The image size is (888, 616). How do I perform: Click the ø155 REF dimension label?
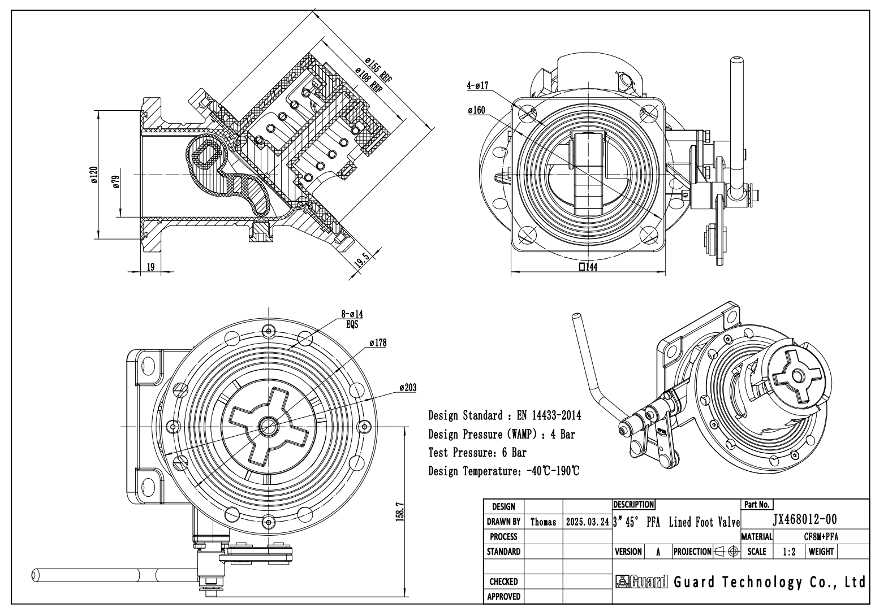378,70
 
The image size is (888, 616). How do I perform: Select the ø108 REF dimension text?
369,80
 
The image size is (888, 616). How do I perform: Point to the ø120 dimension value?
94,175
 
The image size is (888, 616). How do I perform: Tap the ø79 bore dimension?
116,181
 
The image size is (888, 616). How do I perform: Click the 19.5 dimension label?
361,261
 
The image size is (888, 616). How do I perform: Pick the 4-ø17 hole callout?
478,85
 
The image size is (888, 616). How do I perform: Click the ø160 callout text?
476,110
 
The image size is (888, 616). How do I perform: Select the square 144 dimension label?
588,267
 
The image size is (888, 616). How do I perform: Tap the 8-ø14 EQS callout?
352,319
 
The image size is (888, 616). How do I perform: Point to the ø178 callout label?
378,342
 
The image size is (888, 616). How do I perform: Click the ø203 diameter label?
408,388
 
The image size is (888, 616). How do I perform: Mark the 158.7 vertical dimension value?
400,512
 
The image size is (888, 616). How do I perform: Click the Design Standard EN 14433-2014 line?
505,415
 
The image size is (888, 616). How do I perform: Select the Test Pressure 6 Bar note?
477,453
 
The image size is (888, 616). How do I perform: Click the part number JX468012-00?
805,519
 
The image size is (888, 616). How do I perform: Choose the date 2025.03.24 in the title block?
587,522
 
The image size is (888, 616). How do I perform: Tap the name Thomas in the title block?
543,522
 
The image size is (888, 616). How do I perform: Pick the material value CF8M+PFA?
821,537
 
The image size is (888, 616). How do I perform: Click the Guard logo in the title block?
641,582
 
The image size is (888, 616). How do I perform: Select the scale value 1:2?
789,552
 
